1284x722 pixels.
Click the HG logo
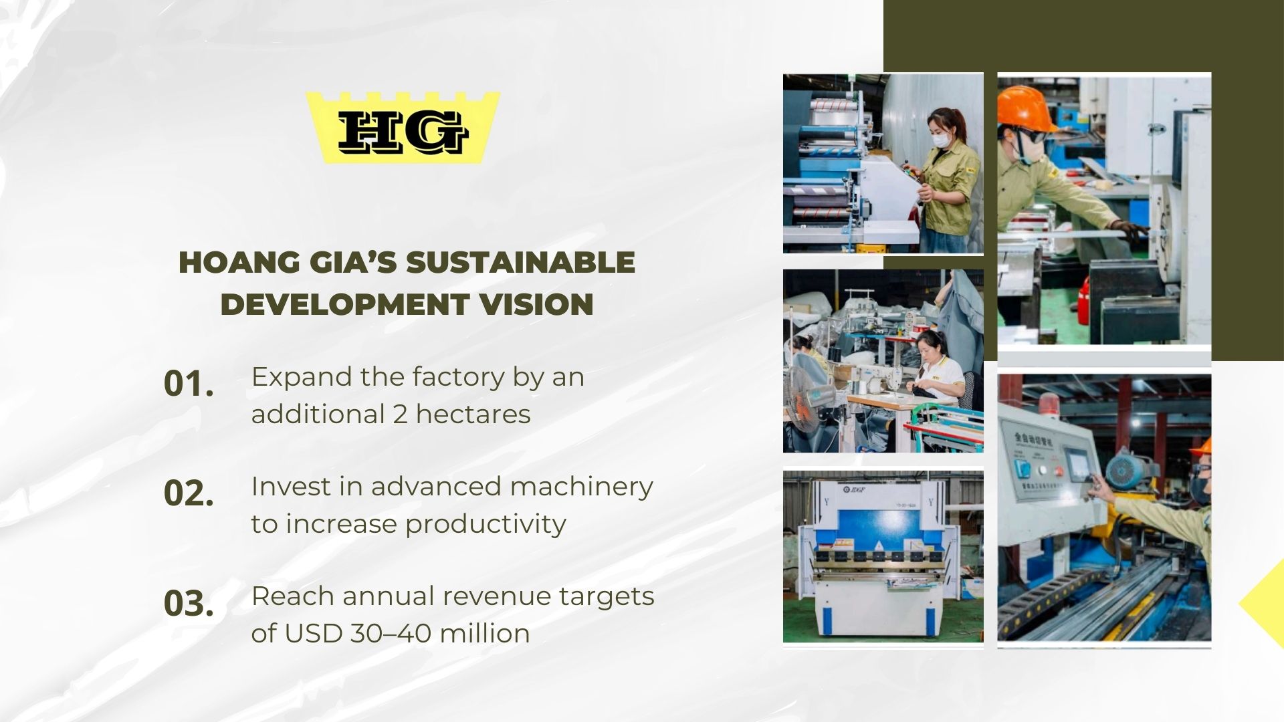pos(403,128)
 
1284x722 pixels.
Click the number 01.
pos(189,384)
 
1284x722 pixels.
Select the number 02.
pos(189,493)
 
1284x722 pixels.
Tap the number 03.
pos(189,603)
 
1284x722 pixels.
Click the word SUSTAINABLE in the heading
pos(520,262)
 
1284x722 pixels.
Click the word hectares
pos(473,414)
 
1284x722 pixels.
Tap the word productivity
pos(486,525)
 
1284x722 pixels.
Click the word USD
pos(313,633)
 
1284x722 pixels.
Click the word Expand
pos(302,378)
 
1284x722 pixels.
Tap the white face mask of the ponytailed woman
pos(942,140)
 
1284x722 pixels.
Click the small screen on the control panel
pos(1076,463)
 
